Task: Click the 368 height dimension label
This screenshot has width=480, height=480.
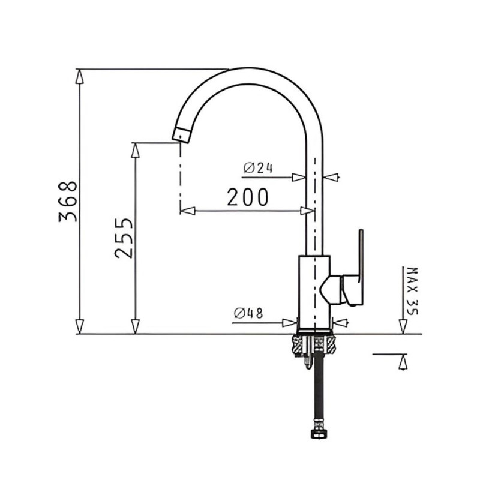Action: (x=68, y=201)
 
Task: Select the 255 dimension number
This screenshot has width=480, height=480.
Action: (x=124, y=238)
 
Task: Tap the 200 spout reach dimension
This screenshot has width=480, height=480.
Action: (x=248, y=197)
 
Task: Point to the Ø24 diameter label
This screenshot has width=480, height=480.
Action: (x=258, y=168)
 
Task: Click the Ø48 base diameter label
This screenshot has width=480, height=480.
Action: (x=248, y=313)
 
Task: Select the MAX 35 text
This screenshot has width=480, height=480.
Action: (x=412, y=291)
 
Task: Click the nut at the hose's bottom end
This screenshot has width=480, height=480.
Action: (x=319, y=433)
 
